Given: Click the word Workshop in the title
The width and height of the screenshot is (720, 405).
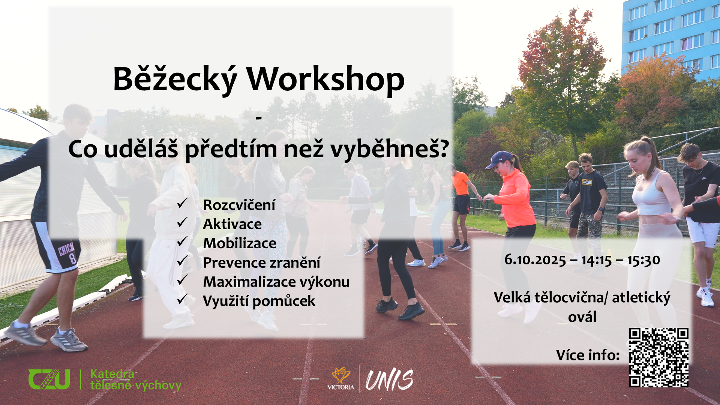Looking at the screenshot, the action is pyautogui.click(x=325, y=79).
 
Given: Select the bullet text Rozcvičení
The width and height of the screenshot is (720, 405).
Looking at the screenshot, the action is pyautogui.click(x=239, y=205).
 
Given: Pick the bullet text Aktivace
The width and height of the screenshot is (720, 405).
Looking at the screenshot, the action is pyautogui.click(x=232, y=224).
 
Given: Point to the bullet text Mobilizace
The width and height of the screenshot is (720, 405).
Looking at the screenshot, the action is pyautogui.click(x=240, y=243).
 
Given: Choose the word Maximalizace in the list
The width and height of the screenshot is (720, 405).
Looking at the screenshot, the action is pyautogui.click(x=244, y=282).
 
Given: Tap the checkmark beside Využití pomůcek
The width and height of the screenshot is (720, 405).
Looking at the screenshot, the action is pyautogui.click(x=182, y=299).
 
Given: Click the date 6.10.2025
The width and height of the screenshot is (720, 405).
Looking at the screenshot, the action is pyautogui.click(x=535, y=259).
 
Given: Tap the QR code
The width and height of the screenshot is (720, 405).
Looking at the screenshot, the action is pyautogui.click(x=659, y=357).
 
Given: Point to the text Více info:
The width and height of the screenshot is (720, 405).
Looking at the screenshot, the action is pyautogui.click(x=588, y=355).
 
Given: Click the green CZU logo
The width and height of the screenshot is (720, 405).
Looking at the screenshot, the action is pyautogui.click(x=49, y=379).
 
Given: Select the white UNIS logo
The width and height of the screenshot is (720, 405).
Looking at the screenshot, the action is pyautogui.click(x=389, y=380).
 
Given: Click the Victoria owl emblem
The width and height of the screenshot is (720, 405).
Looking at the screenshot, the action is pyautogui.click(x=340, y=376).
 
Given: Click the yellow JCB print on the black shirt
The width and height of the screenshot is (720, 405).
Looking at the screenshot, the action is pyautogui.click(x=586, y=182).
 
